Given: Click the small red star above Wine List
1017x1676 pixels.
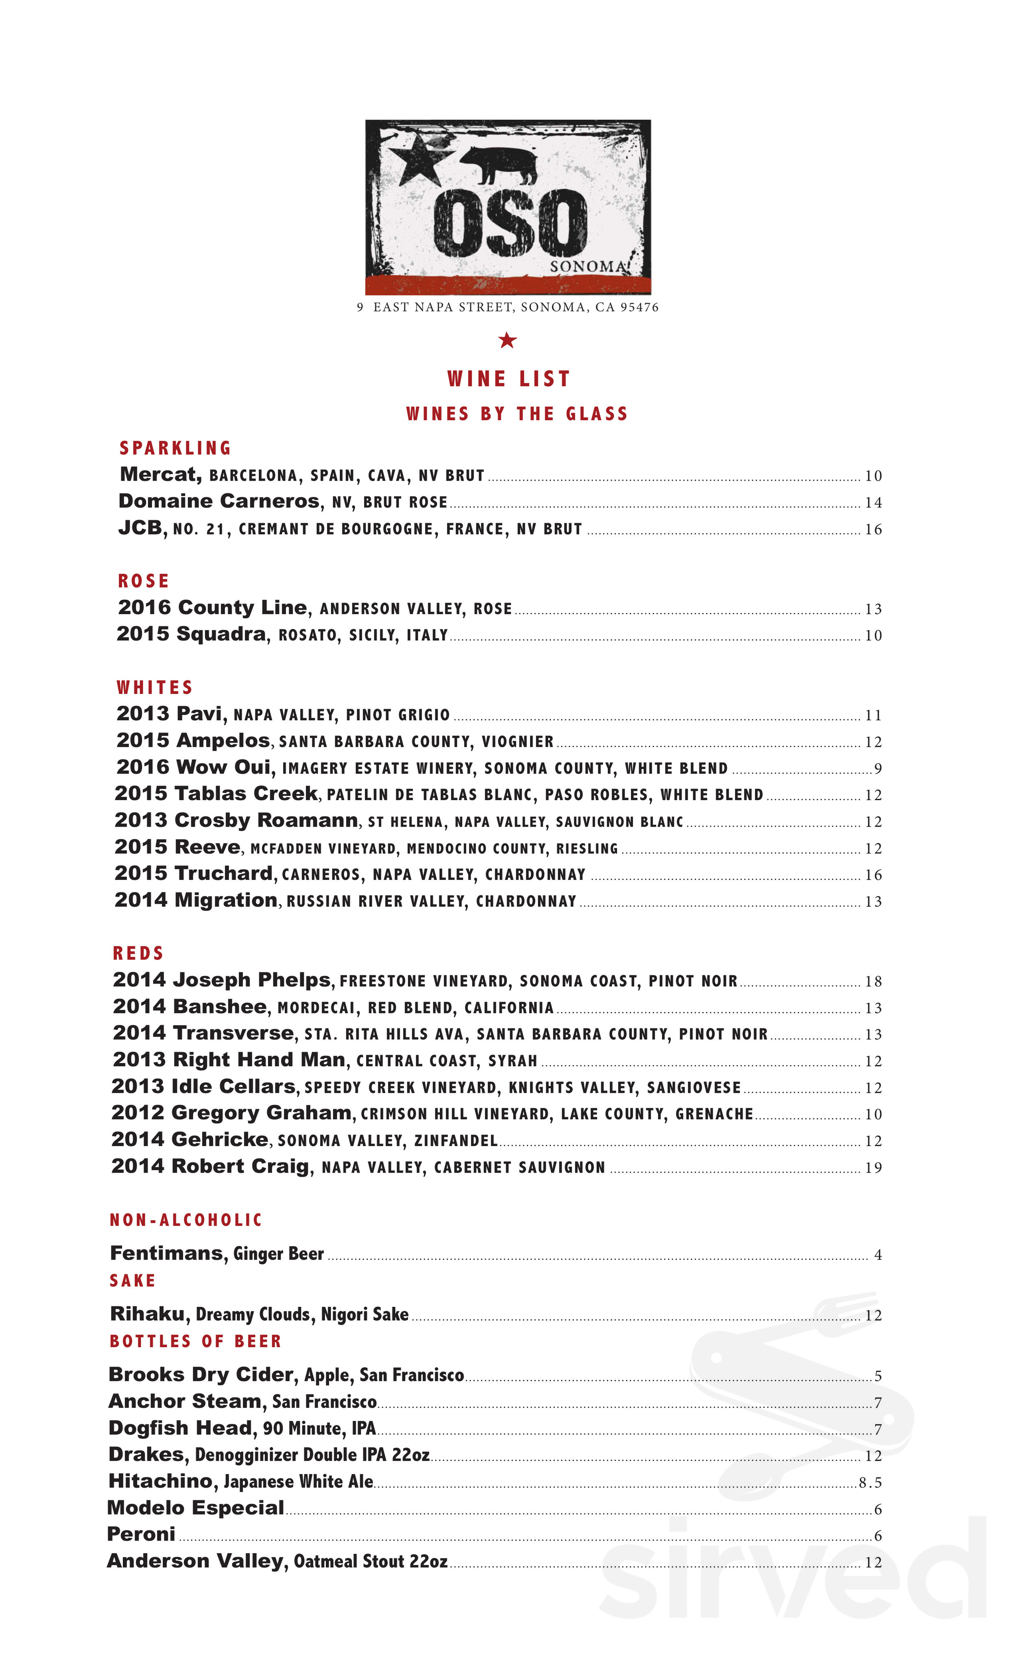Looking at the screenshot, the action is pos(507,340).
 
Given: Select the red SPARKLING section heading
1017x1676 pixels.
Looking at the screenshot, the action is pos(175,448).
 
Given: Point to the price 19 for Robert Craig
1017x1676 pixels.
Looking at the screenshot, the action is pos(873,1168).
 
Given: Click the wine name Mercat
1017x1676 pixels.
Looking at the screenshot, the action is pos(160,474).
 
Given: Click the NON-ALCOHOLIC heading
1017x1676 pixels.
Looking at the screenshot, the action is pos(186,1220).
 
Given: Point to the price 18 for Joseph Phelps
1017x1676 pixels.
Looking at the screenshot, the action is pos(873,982).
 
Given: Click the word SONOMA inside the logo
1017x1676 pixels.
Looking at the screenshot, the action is pos(587,267).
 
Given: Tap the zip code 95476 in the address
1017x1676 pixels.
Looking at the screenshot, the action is pos(639,307).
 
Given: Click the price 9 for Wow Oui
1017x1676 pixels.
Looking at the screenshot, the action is pos(877,769).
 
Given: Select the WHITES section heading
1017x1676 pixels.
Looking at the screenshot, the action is pos(155,688).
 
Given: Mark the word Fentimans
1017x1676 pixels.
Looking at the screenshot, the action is pos(166,1253).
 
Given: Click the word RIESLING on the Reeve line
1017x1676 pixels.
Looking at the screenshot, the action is pos(587,848).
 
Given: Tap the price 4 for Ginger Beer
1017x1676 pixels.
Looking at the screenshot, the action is pos(877,1255).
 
